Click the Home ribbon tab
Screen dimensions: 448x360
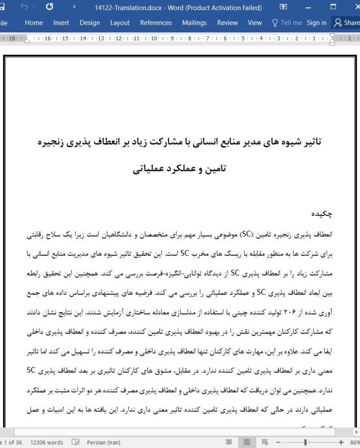click(x=34, y=22)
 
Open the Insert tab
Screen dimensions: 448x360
click(x=61, y=22)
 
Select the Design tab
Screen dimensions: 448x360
click(x=90, y=22)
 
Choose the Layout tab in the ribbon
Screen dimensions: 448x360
click(x=120, y=22)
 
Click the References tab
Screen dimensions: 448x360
click(x=156, y=22)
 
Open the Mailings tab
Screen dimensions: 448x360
click(x=194, y=22)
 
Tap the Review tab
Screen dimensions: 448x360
click(x=227, y=22)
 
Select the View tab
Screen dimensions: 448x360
click(x=255, y=22)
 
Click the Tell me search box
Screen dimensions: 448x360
click(x=287, y=22)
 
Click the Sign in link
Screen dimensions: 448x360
click(x=317, y=22)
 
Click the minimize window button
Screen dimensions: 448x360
click(x=308, y=7)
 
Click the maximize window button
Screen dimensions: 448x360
click(x=333, y=7)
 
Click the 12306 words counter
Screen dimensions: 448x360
click(x=46, y=443)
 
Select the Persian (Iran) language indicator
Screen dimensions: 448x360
click(x=103, y=443)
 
